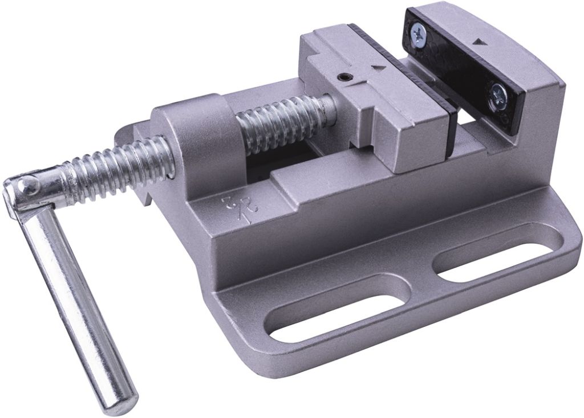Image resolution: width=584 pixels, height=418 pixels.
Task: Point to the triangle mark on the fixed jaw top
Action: coord(478,42)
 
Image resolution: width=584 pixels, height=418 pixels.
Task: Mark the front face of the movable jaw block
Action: coord(419,140)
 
